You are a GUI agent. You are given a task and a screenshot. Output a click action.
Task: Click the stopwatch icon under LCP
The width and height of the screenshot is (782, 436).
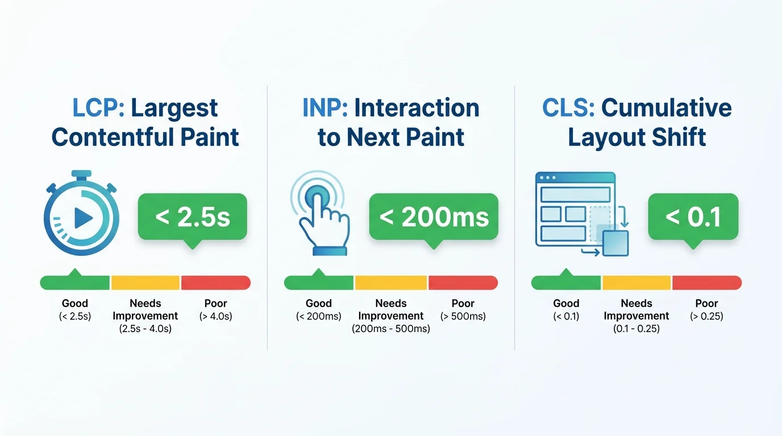click(x=81, y=213)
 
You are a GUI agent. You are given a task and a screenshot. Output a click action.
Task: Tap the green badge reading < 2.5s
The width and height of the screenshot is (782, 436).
click(x=192, y=217)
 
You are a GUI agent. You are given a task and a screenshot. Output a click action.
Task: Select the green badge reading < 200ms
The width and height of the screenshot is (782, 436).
click(x=434, y=217)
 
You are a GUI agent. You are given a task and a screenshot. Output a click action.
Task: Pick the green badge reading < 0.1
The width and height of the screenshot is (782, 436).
click(x=693, y=217)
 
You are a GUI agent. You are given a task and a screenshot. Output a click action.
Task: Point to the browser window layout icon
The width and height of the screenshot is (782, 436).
click(x=582, y=214)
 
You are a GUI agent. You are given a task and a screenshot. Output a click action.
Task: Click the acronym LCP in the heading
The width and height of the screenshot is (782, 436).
click(x=98, y=108)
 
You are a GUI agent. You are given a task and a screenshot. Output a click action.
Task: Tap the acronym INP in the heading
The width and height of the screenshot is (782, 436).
click(x=325, y=108)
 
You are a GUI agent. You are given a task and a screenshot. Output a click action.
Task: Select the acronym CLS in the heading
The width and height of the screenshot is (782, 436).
click(x=568, y=108)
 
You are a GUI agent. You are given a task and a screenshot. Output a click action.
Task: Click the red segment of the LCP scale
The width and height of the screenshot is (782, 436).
click(x=216, y=283)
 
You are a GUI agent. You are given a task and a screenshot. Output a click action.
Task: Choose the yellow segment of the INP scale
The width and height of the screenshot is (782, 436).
click(x=391, y=283)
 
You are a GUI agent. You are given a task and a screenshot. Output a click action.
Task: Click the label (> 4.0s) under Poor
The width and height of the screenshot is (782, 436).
click(x=216, y=316)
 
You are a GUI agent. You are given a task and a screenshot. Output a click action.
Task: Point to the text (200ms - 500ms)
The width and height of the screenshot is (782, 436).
click(x=391, y=329)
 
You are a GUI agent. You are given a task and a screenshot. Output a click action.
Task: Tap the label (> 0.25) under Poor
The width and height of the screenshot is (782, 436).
click(x=706, y=316)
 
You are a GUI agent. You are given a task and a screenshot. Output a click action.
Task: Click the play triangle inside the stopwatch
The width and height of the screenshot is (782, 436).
click(x=83, y=219)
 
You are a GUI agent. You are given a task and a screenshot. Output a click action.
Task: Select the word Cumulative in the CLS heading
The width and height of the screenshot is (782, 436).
click(x=667, y=108)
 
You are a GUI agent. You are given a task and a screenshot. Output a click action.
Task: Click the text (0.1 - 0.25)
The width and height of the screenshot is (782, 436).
click(x=637, y=329)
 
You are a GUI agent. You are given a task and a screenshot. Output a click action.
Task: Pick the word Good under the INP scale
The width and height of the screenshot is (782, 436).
click(x=319, y=303)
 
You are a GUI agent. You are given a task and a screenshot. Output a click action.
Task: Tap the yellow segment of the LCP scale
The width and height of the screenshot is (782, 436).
click(x=145, y=283)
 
